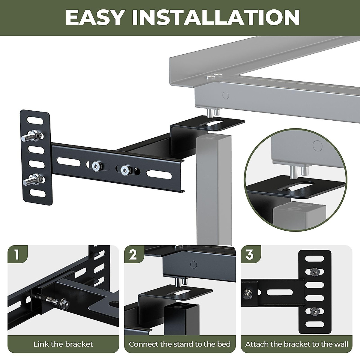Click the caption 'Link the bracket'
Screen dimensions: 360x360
(x=63, y=344)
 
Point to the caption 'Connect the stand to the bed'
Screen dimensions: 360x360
(x=180, y=344)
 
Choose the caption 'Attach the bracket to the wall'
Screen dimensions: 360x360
(x=296, y=344)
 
